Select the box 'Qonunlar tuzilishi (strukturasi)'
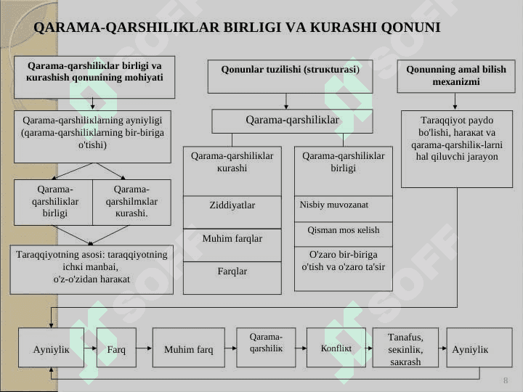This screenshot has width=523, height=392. (290, 77)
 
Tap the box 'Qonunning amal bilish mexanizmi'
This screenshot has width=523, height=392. (456, 76)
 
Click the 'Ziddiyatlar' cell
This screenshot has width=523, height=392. (232, 212)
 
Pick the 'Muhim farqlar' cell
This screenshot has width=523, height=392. (232, 245)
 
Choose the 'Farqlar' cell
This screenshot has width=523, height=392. (232, 277)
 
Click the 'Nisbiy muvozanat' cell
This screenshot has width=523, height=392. (343, 209)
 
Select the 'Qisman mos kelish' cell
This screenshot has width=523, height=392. (343, 234)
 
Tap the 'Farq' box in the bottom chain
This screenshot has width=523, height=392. (116, 347)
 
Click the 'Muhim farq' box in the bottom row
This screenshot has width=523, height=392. (188, 347)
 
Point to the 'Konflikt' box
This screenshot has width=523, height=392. (336, 347)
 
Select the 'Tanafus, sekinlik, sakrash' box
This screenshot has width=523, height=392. (405, 347)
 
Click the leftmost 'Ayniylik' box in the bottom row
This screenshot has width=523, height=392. (51, 347)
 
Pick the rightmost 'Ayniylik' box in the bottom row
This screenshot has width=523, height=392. (479, 347)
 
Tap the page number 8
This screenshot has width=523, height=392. (506, 380)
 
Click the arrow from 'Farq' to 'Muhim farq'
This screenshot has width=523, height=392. (145, 348)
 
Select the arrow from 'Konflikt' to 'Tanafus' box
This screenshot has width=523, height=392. (369, 348)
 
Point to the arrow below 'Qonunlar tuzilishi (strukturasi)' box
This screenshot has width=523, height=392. (286, 102)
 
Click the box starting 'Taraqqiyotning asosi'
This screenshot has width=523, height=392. (92, 269)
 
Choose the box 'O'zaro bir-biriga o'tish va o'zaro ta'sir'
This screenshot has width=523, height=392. (343, 269)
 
